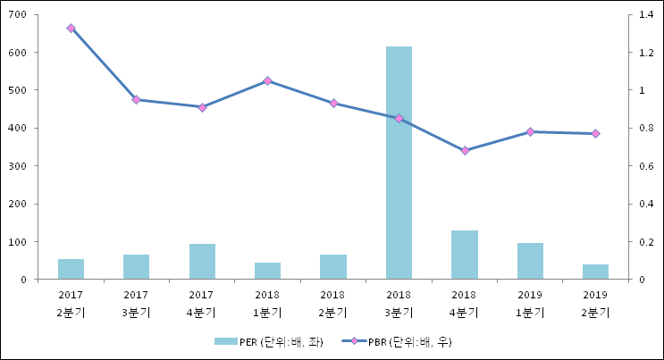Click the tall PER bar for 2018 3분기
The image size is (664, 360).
[x=399, y=163]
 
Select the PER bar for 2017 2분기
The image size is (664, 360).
[x=71, y=269]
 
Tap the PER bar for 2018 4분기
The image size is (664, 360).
[x=464, y=255]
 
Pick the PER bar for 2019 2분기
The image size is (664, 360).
[x=595, y=272]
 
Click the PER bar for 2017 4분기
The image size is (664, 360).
[x=202, y=261]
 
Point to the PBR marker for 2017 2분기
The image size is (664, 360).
[x=71, y=29]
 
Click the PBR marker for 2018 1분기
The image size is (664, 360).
[x=267, y=81]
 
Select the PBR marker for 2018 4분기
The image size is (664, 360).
[x=464, y=150]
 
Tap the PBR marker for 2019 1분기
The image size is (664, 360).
[x=530, y=132]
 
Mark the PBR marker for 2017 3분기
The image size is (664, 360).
[x=136, y=100]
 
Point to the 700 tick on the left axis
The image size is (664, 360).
[x=19, y=14]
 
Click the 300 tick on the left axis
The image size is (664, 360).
[x=19, y=166]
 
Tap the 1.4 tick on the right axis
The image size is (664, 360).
[x=642, y=14]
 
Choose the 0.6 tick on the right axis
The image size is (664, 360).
[x=642, y=166]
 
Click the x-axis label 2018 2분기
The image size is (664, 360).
[x=332, y=303]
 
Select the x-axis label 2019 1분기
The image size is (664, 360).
[x=530, y=303]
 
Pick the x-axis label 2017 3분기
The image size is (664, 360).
[x=136, y=303]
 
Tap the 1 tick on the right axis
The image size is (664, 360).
[x=637, y=90]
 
